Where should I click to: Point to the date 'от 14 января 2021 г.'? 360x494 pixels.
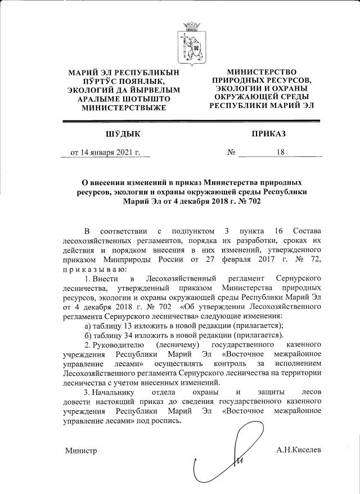[x=105, y=152]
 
